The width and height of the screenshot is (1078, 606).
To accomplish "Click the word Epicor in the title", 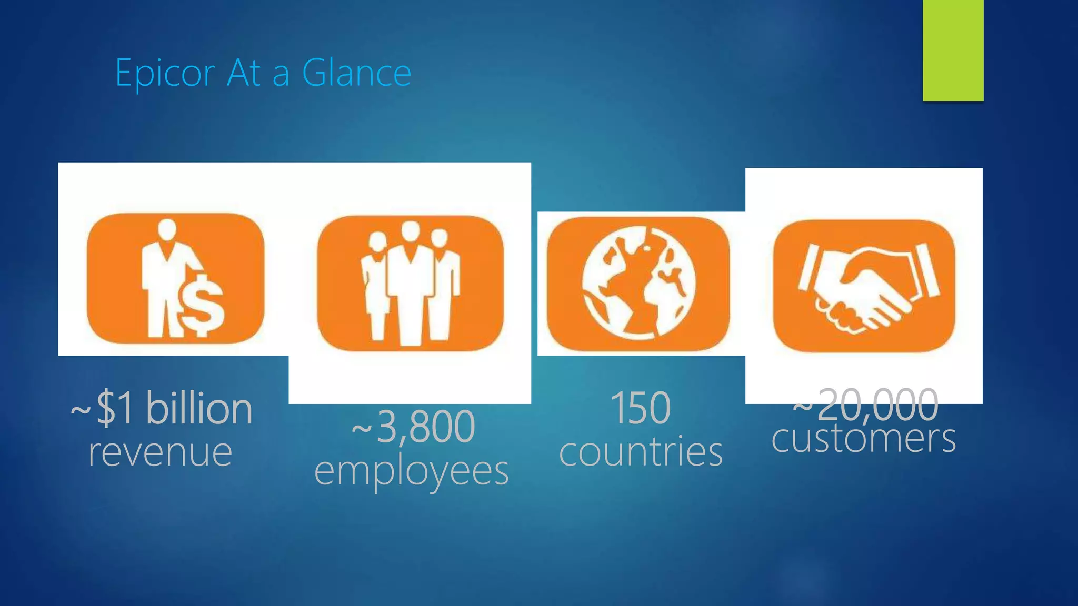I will click(165, 74).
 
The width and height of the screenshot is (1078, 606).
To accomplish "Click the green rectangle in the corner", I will click(953, 50).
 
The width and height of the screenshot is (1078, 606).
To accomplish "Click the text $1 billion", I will click(174, 408).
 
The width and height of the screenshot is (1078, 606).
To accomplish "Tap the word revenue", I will click(160, 452).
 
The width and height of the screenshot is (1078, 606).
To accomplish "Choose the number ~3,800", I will click(413, 427).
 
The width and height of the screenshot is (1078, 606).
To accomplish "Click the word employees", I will click(412, 471).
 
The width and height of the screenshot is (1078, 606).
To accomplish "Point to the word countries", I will click(641, 452).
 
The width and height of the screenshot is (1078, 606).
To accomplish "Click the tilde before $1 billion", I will click(81, 409).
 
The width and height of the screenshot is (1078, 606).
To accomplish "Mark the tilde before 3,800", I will click(362, 428).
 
